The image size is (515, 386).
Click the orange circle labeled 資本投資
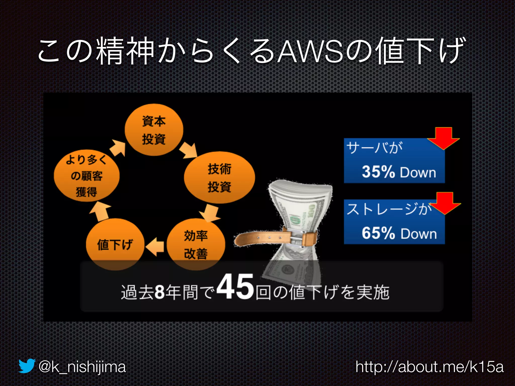[x=154, y=130]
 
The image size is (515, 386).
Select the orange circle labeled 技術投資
[x=219, y=177]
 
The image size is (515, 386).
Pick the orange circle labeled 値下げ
[x=115, y=244]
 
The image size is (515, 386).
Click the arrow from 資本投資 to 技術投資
[x=189, y=150]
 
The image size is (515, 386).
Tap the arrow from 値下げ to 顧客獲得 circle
[x=100, y=211]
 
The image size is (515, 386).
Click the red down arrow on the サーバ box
[x=444, y=138]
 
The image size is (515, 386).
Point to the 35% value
[x=378, y=172]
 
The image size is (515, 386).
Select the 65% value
[x=378, y=233]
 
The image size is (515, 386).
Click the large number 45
[x=235, y=287]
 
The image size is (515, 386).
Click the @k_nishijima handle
[x=82, y=367]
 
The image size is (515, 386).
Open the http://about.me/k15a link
[x=430, y=367]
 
